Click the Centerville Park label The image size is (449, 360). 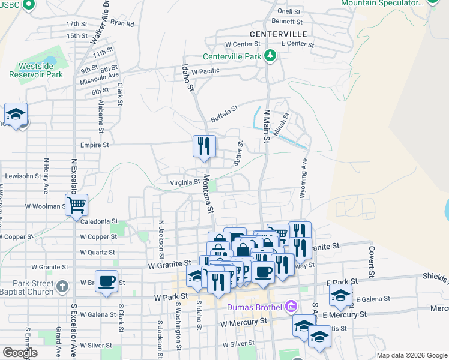232,56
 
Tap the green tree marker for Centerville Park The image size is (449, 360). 270,56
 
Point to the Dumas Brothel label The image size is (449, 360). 255,308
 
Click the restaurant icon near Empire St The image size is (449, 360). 203,146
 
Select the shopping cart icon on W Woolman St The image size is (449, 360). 77,205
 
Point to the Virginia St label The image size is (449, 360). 185,182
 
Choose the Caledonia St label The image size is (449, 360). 99,221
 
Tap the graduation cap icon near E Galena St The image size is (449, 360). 340,295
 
